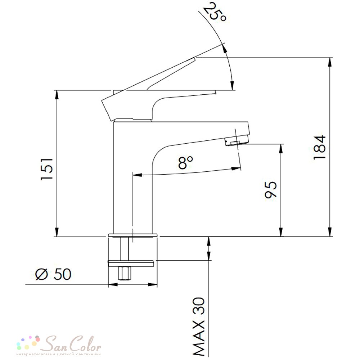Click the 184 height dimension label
point(319,147)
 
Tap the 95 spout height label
point(271,190)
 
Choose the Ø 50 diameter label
point(53,274)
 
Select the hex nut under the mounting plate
point(125,273)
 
